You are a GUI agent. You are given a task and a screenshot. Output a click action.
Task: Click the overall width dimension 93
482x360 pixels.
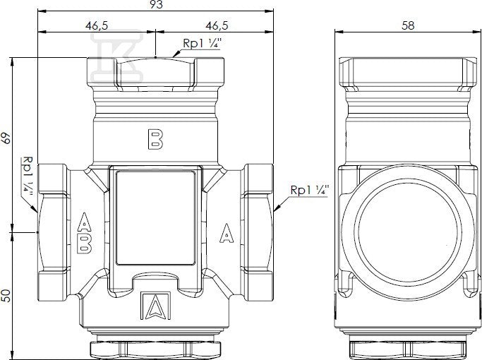point(157,4)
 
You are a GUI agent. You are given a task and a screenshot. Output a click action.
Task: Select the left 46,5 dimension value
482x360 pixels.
point(97,25)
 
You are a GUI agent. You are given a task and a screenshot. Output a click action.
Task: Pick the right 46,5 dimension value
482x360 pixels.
point(217,25)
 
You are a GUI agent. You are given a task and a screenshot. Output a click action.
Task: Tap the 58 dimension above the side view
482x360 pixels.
point(408,25)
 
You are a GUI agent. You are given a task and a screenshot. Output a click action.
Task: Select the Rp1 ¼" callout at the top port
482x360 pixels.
point(202,43)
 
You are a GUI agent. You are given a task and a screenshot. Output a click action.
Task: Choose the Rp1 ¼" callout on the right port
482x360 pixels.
point(310,190)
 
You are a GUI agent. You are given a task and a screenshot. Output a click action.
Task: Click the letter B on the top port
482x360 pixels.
point(155,139)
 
